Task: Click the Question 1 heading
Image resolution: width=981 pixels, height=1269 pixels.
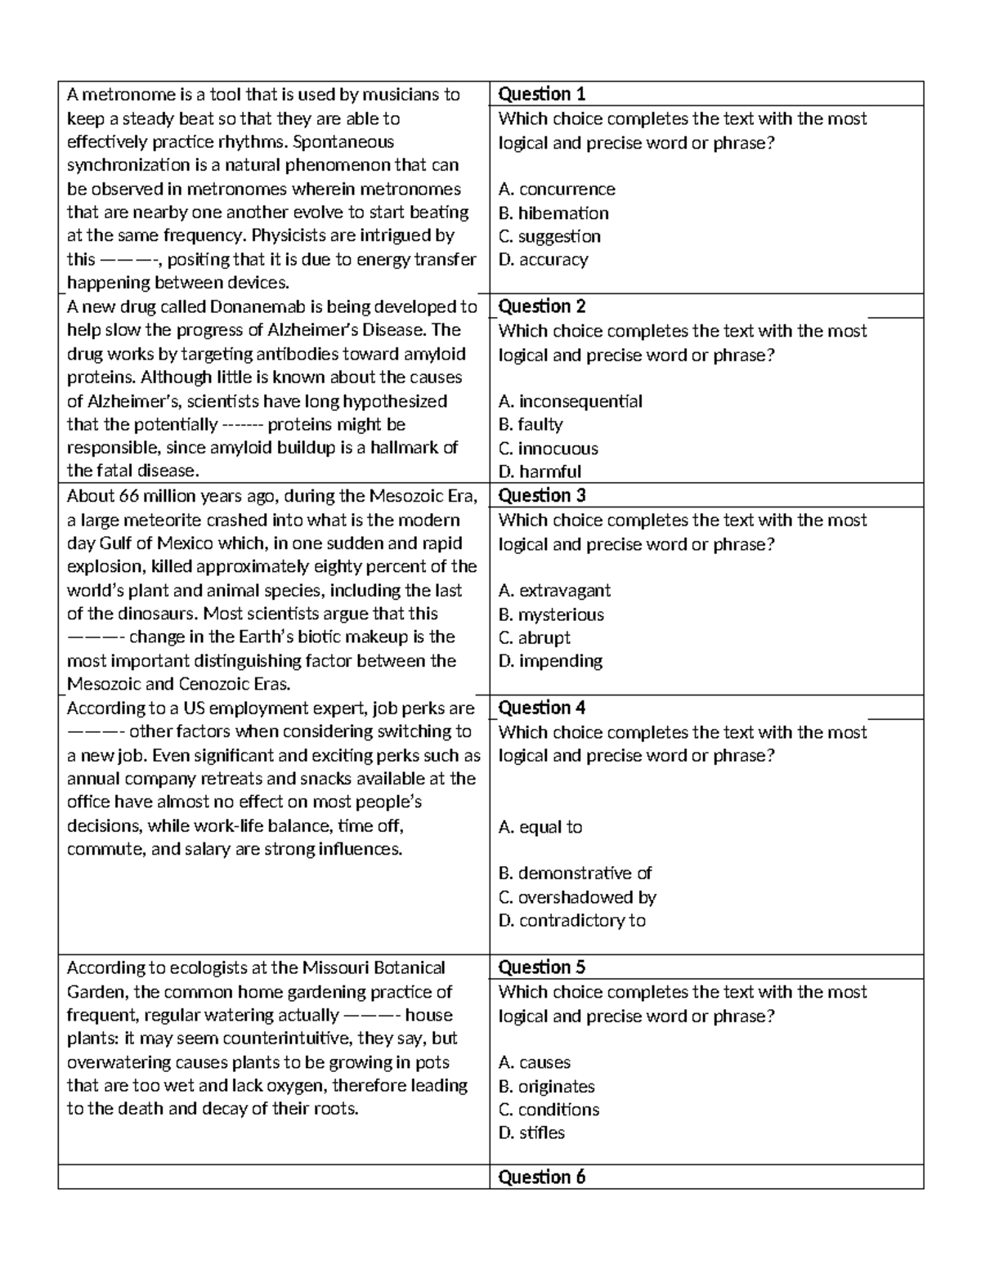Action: tap(541, 94)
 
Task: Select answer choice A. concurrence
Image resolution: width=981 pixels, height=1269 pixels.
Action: tap(556, 190)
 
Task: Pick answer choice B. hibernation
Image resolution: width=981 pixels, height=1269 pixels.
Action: tap(553, 213)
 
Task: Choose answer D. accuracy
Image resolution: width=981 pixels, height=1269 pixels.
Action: tap(543, 260)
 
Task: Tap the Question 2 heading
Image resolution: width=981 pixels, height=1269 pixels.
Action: tap(541, 306)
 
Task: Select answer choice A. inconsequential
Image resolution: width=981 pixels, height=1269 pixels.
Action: tap(570, 401)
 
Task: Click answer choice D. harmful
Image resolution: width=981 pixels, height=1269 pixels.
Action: tap(540, 471)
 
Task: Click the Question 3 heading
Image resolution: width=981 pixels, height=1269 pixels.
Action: tap(541, 495)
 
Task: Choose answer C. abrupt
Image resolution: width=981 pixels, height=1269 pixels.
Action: tap(534, 637)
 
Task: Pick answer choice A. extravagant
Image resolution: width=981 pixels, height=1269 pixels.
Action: tap(554, 591)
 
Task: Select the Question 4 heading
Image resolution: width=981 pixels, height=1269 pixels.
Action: tap(541, 708)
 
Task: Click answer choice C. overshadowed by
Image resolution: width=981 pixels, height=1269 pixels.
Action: tap(577, 897)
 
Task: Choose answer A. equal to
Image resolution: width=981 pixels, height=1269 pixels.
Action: tap(540, 827)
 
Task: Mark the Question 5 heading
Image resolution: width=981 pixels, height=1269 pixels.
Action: tap(541, 967)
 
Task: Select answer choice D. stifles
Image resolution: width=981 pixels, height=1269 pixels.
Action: tap(531, 1133)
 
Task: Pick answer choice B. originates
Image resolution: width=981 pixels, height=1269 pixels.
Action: tap(546, 1087)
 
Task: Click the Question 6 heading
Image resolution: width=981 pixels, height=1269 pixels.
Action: tap(541, 1177)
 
